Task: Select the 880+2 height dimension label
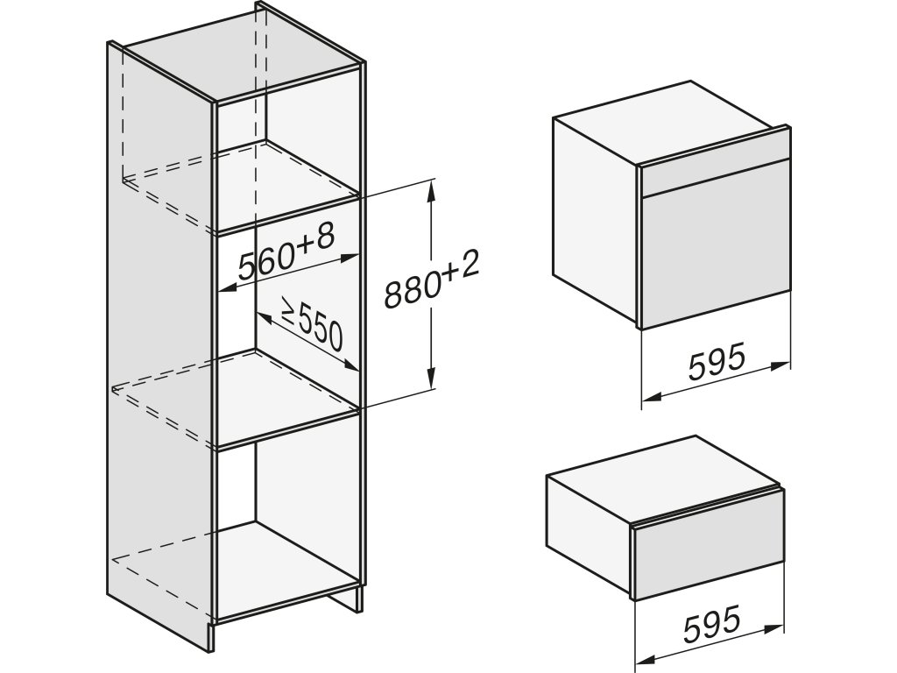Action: coord(433,283)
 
